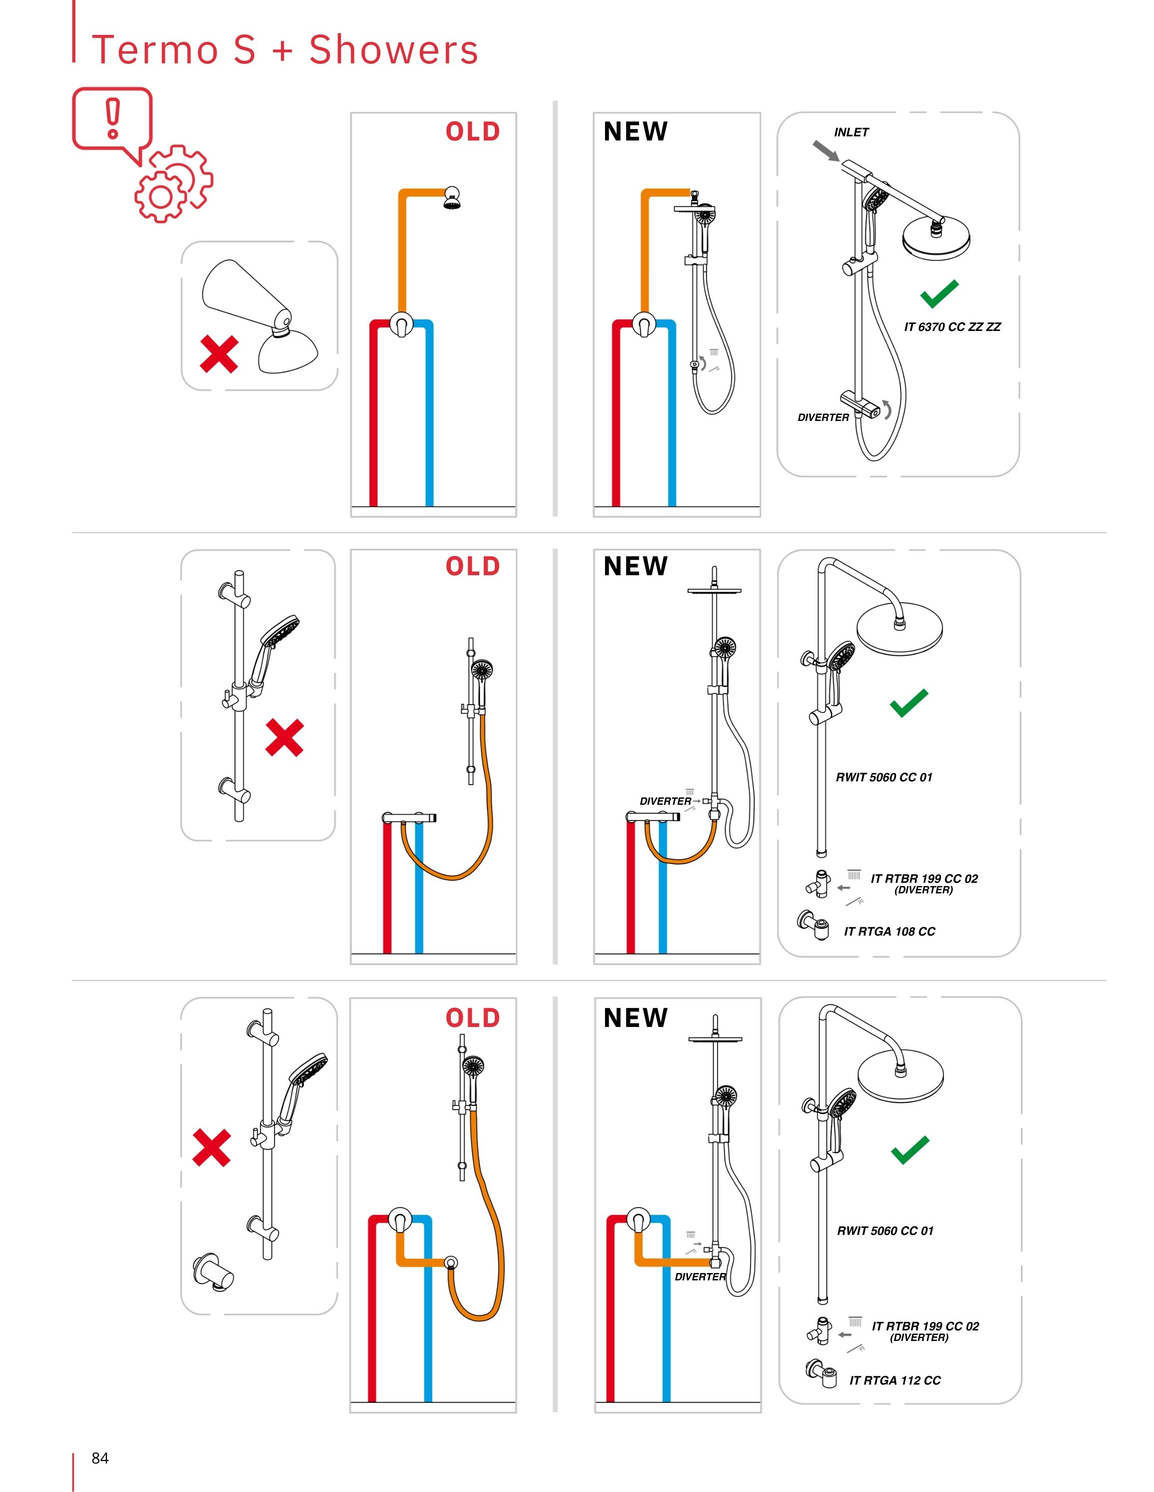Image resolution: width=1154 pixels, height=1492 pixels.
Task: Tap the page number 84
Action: tap(100, 1458)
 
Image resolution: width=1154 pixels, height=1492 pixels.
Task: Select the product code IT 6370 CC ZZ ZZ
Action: tap(952, 327)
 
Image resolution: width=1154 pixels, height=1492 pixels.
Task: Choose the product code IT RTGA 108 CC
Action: tap(889, 931)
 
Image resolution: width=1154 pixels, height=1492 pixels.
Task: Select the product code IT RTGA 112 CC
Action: tap(894, 1380)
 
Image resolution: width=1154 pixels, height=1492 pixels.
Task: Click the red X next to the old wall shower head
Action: tap(218, 354)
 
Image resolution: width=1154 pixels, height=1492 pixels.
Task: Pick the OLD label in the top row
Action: tap(473, 131)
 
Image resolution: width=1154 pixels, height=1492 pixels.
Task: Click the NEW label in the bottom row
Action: tap(635, 1017)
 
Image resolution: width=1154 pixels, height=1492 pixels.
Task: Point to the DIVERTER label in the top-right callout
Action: tap(823, 417)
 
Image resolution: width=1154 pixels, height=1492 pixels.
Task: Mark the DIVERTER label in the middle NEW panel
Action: tap(665, 802)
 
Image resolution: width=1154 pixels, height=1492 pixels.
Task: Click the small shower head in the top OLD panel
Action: tap(451, 198)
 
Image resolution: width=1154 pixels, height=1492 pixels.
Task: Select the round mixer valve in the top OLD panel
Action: tap(401, 323)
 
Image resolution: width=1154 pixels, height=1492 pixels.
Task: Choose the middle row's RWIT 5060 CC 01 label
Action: tap(884, 777)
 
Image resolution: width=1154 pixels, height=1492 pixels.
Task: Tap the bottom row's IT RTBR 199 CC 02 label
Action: tap(925, 1326)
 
